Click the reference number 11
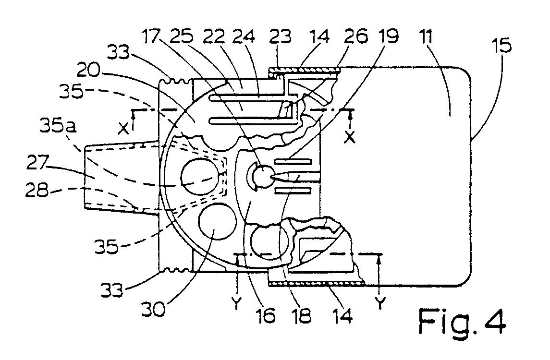click(x=427, y=36)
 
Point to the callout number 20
click(x=87, y=71)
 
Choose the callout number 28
click(x=37, y=191)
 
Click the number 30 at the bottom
click(x=153, y=309)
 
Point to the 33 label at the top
click(x=118, y=53)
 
